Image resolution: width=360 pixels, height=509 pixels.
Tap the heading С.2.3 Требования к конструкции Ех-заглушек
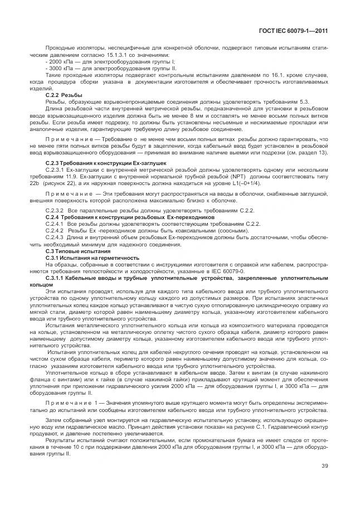[x=93, y=162]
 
